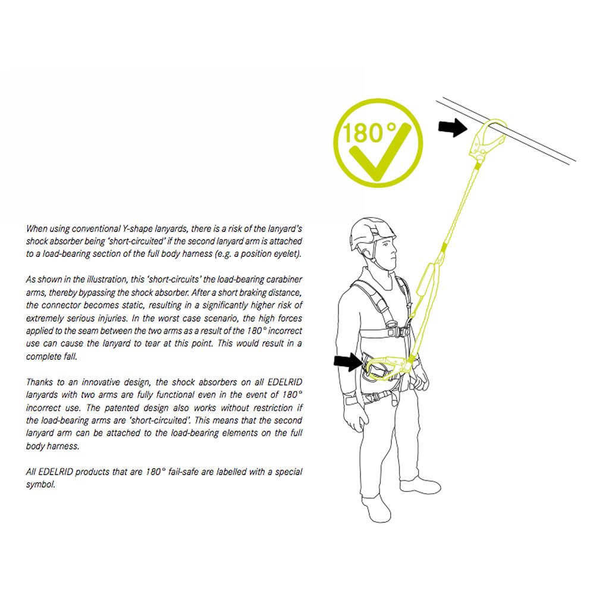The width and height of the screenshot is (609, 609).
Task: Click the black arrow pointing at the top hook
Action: pyautogui.click(x=453, y=127)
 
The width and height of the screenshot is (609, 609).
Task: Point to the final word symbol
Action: pyautogui.click(x=40, y=484)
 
